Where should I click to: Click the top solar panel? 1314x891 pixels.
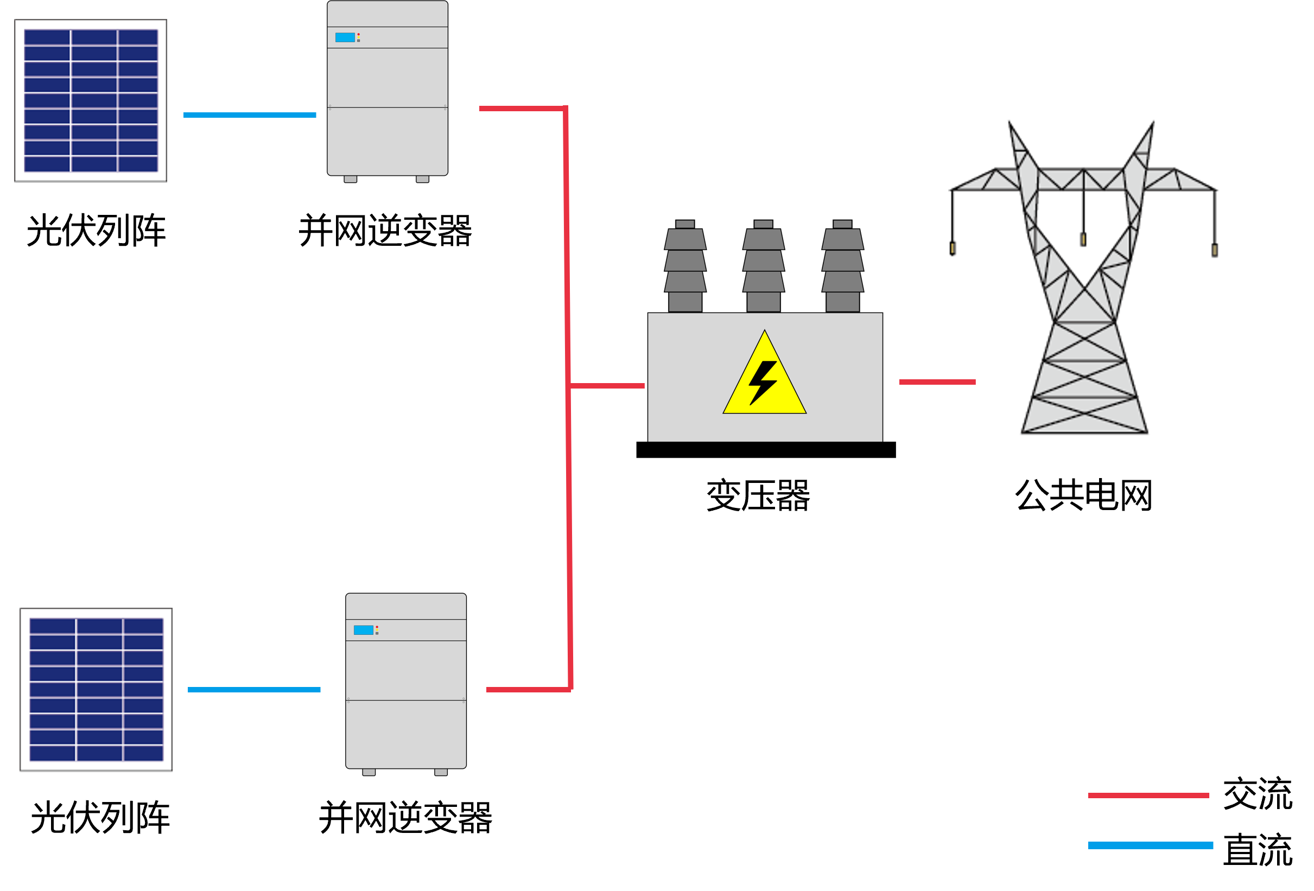click(91, 100)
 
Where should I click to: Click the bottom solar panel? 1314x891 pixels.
click(96, 689)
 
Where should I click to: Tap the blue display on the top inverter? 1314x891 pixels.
click(345, 37)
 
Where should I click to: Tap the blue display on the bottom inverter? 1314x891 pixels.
click(363, 630)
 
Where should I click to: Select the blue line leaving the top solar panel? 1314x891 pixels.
click(249, 115)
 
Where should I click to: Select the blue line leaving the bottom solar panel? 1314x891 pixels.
click(254, 689)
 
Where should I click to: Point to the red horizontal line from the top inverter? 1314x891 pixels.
click(521, 108)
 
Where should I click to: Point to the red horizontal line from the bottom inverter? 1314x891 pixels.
click(528, 689)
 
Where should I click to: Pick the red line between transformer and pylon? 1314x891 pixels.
click(937, 382)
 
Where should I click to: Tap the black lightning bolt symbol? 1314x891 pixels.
click(763, 382)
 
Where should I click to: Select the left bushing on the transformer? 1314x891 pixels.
click(685, 266)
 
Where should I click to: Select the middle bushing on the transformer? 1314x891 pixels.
click(763, 266)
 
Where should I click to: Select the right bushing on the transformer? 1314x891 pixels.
click(842, 266)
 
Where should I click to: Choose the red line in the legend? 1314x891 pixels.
click(1148, 795)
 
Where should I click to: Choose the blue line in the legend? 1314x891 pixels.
click(1151, 845)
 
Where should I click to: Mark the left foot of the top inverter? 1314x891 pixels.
click(351, 179)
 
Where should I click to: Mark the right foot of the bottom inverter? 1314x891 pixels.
click(441, 772)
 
